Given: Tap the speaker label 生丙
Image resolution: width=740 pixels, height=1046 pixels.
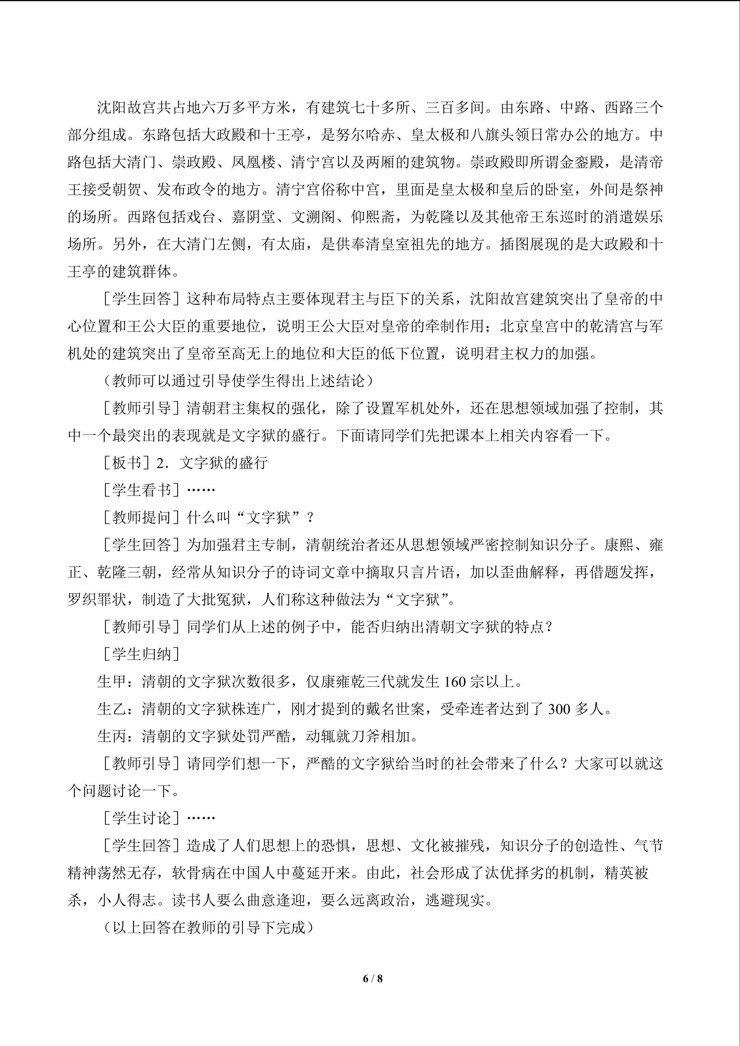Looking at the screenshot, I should coord(112,736).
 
